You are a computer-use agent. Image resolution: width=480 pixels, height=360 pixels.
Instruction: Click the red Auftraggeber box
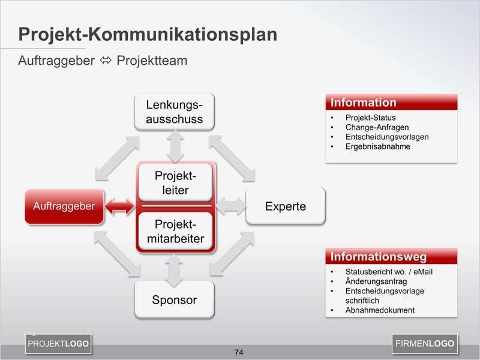tap(64, 206)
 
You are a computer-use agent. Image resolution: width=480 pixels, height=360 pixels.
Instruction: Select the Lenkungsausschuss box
tap(175, 112)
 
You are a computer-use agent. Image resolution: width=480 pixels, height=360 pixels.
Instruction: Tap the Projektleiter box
tap(175, 183)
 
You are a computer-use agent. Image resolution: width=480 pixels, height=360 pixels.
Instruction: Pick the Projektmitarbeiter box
tap(175, 232)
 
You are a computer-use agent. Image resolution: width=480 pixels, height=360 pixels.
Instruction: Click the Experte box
tap(286, 206)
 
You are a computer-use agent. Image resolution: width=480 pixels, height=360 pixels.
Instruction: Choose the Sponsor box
tap(175, 299)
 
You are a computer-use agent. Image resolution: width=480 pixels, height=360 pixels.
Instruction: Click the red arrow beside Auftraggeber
tap(119, 206)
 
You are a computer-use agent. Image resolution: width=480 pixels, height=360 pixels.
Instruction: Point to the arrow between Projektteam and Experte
tap(231, 206)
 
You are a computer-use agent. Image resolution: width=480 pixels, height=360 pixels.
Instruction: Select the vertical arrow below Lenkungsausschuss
tap(175, 147)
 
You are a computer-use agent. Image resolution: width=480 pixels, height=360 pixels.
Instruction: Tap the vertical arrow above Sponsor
tap(175, 271)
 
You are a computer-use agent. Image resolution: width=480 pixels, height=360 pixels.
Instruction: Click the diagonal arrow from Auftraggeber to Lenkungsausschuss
tap(117, 158)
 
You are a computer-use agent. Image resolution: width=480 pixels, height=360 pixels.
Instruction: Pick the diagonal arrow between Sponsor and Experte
tap(232, 254)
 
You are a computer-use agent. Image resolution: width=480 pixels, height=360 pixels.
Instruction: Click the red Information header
tap(392, 102)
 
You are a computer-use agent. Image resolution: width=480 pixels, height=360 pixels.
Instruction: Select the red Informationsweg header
tap(391, 257)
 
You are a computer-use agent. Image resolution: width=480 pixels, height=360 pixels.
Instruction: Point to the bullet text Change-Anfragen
tap(377, 127)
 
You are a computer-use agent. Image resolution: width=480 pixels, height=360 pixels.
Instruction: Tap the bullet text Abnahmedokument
tap(380, 310)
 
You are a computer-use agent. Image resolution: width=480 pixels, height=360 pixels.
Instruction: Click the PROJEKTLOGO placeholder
tap(58, 344)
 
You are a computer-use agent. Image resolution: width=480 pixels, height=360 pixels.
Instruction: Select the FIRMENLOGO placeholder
tap(425, 344)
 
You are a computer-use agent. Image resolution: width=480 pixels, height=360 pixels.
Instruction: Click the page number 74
tap(239, 352)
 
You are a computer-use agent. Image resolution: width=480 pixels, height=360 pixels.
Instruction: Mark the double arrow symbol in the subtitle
tap(106, 61)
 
